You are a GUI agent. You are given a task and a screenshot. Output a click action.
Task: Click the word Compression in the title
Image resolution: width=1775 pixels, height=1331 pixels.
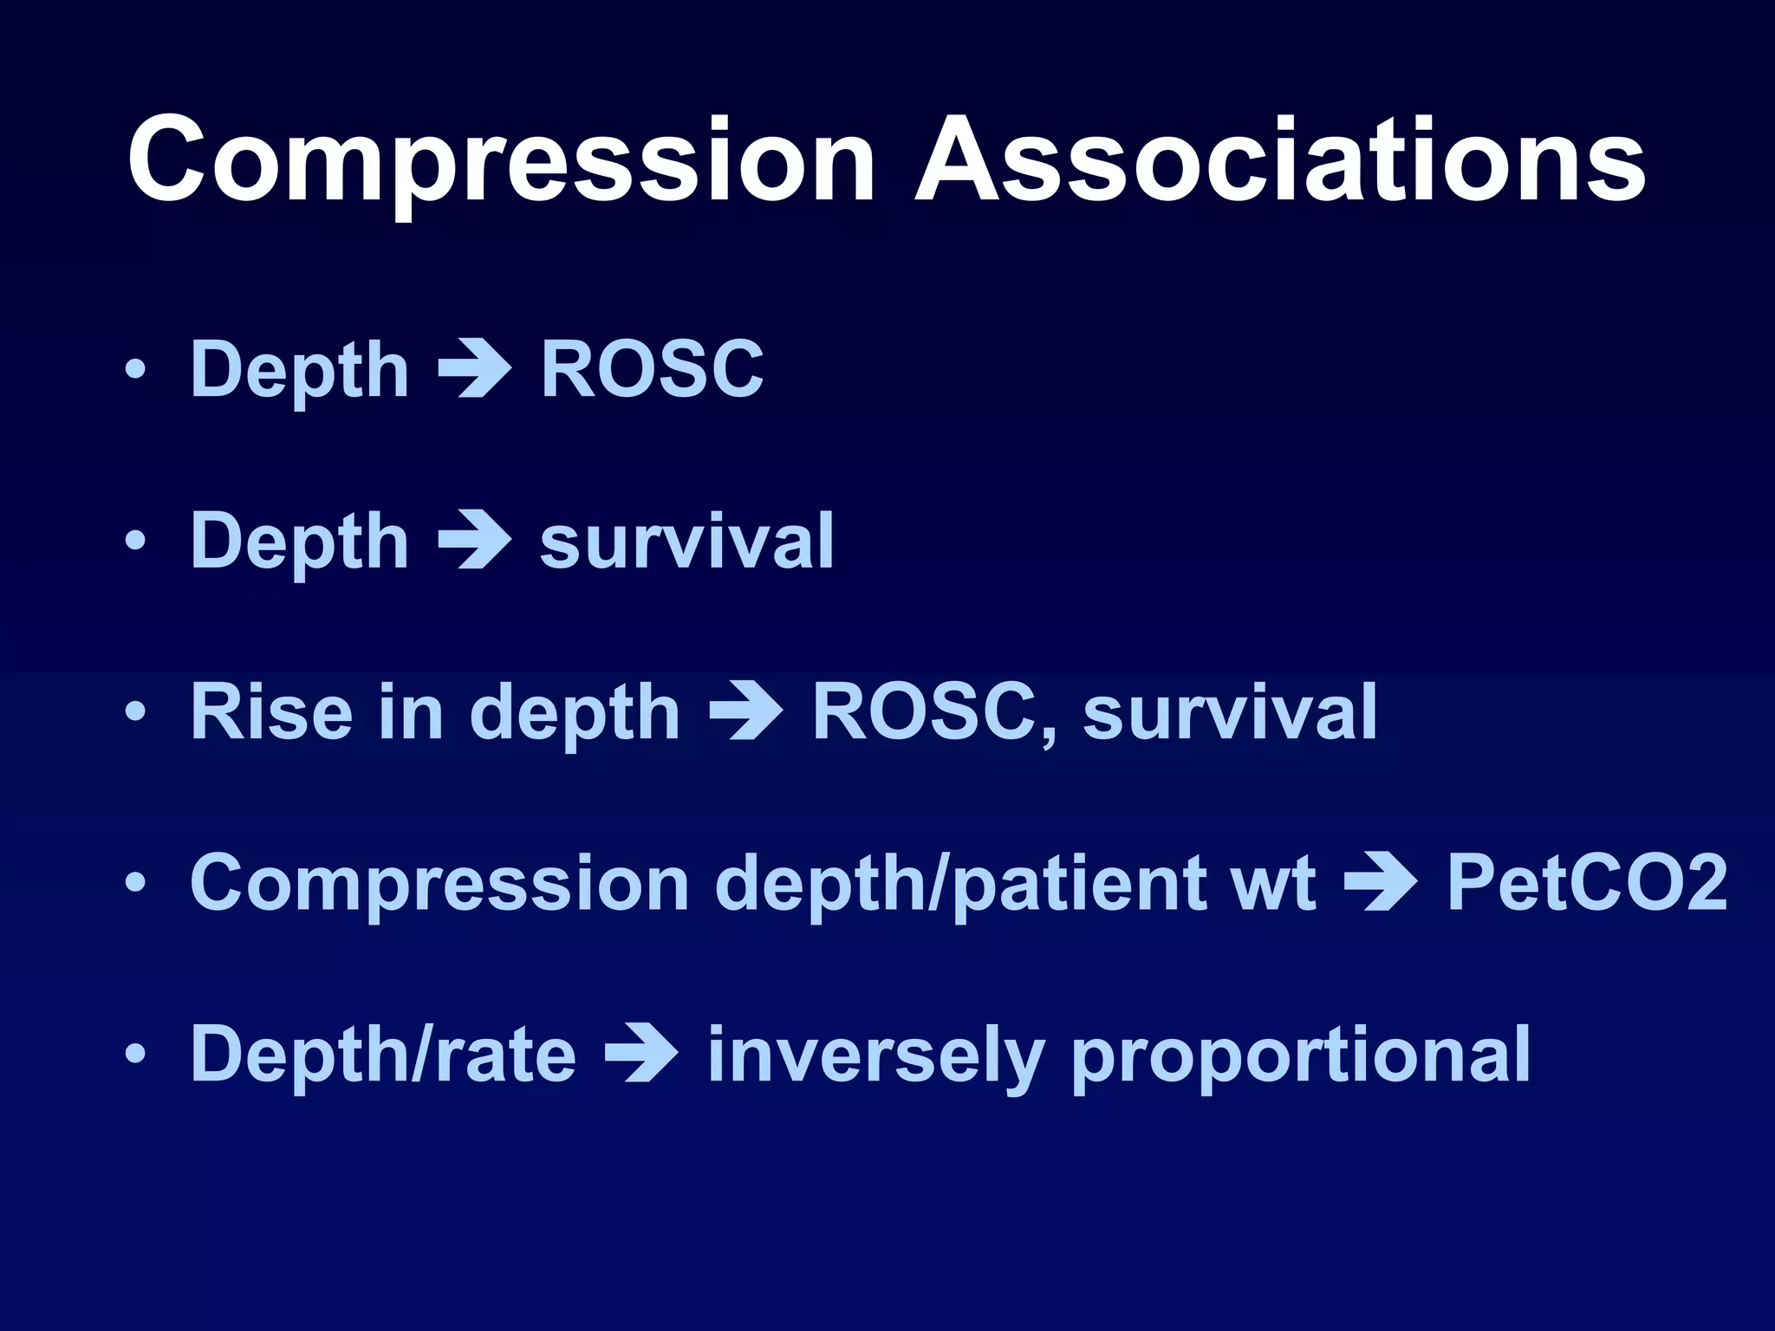coord(501,161)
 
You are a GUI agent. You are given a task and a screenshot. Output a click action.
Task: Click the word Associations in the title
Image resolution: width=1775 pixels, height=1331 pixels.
coord(1280,161)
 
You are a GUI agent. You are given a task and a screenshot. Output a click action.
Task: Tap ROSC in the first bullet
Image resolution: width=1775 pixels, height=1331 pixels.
coord(652,370)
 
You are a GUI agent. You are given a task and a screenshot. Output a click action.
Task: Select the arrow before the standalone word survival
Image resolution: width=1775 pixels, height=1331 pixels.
coord(474,542)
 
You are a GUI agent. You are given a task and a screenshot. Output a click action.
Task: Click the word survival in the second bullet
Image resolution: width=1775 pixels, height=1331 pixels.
coord(686,542)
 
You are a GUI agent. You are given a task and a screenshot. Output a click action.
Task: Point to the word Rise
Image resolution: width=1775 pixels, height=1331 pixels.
coord(271,712)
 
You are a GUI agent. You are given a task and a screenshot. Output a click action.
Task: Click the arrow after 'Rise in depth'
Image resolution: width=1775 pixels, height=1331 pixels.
coord(745,712)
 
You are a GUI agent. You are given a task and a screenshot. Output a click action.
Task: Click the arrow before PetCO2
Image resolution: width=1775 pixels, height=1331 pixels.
coord(1380,884)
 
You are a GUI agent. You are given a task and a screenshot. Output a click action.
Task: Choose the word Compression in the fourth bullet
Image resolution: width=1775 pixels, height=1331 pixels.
coord(439,884)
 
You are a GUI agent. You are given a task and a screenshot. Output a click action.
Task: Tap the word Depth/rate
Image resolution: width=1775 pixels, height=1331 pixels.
coord(383,1055)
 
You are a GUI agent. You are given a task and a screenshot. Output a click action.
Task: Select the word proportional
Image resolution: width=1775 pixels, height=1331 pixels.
coord(1300,1055)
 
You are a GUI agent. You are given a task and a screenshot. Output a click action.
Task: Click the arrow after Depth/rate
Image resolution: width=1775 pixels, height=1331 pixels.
coord(640,1055)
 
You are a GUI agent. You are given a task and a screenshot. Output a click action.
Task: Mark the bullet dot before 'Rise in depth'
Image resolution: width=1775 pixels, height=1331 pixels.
coord(135,712)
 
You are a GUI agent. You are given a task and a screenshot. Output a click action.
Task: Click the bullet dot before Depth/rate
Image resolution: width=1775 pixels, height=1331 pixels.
coord(135,1055)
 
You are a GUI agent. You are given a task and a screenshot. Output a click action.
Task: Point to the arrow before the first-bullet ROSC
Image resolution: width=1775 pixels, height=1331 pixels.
coord(474,370)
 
